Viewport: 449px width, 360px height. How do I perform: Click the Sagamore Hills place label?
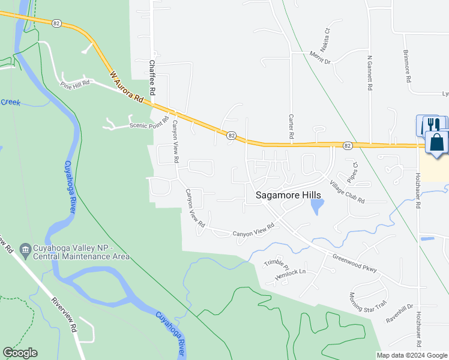click(288, 195)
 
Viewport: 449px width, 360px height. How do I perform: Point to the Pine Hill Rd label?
click(75, 83)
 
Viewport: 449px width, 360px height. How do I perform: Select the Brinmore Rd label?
click(407, 66)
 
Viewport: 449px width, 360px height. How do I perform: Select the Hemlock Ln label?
click(290, 272)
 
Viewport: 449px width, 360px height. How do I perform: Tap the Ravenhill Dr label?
click(400, 313)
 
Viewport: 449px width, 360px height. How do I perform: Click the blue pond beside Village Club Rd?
click(316, 207)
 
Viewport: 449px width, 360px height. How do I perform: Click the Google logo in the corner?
click(20, 353)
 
